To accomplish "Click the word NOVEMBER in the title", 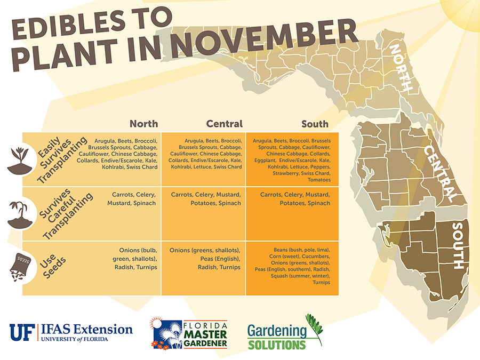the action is (265, 38).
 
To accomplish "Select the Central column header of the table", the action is (225, 124).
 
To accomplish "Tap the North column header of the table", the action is (144, 124).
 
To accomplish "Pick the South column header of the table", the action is (315, 124).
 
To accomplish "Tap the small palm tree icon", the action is (20, 215).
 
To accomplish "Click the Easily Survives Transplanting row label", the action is (61, 159).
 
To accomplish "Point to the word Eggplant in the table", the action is (265, 161).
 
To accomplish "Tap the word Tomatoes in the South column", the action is (319, 180).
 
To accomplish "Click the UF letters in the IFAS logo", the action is (22, 332).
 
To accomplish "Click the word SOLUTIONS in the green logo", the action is (277, 345).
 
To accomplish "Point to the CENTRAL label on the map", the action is (440, 173).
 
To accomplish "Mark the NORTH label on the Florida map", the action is (400, 67).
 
